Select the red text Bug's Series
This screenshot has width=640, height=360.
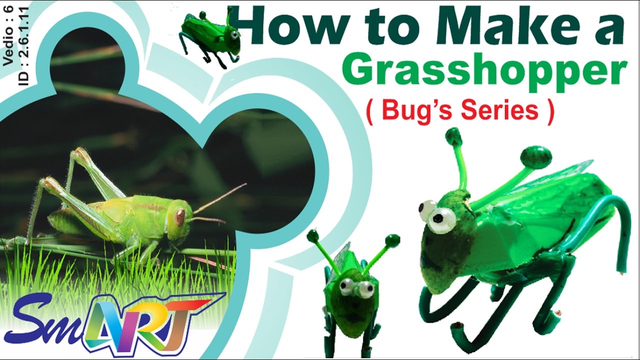coord(460,110)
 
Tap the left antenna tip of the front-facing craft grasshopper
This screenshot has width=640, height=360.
coord(313,235)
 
